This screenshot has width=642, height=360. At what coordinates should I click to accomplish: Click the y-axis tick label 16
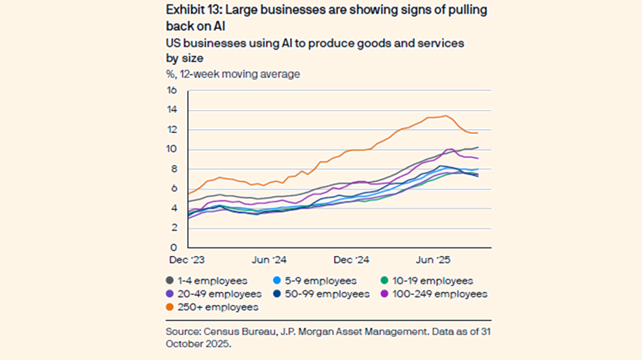coord(171,90)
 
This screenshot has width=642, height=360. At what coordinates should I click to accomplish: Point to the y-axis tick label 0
coord(173,248)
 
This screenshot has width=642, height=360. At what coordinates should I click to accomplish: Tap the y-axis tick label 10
coord(171,149)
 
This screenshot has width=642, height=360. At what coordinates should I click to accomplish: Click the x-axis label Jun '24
coord(269,260)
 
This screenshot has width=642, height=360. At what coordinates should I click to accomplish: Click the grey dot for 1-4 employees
coord(170,281)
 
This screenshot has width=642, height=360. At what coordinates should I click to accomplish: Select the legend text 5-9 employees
coord(321,281)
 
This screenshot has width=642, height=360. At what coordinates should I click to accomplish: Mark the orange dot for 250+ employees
coord(170,306)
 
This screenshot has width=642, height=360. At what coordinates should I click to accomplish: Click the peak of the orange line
coord(446,115)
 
